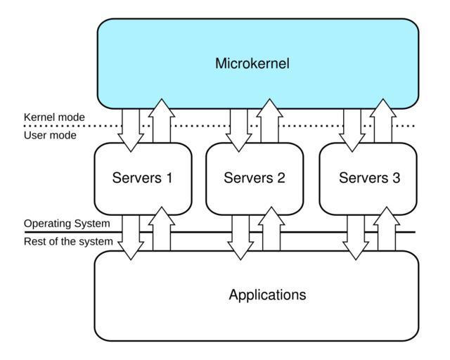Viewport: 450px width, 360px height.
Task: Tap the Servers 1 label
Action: click(142, 178)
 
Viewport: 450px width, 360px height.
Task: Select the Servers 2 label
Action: click(254, 178)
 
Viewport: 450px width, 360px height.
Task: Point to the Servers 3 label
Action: click(369, 178)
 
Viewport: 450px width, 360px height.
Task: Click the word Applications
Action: click(267, 295)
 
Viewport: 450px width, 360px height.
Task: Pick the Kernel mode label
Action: click(54, 117)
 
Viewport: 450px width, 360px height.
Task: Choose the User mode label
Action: click(50, 135)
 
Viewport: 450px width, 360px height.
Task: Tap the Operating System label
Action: click(67, 224)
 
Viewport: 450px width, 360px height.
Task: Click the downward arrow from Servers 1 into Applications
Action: click(131, 235)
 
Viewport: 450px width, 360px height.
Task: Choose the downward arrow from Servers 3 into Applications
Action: click(354, 235)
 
